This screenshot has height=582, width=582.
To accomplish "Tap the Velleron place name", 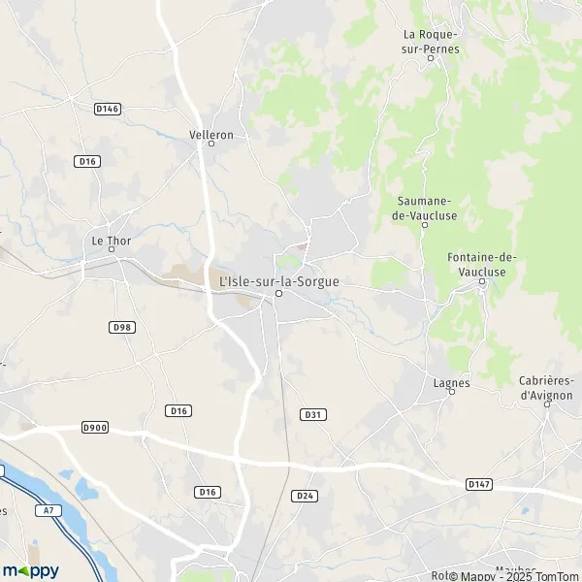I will pyautogui.click(x=211, y=135).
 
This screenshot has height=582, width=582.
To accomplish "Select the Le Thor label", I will pyautogui.click(x=111, y=239).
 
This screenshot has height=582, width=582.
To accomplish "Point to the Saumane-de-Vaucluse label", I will pyautogui.click(x=425, y=208).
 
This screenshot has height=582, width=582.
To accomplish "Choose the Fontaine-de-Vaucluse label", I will pyautogui.click(x=482, y=264).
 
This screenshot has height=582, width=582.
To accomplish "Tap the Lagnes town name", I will pyautogui.click(x=451, y=382).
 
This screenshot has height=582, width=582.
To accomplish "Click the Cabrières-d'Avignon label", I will pyautogui.click(x=546, y=388).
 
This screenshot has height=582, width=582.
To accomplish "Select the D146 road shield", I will pyautogui.click(x=107, y=110).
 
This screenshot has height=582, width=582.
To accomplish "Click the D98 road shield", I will pyautogui.click(x=121, y=327).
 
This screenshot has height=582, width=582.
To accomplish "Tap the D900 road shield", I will pyautogui.click(x=95, y=427).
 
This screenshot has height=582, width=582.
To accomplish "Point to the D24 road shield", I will pyautogui.click(x=306, y=495).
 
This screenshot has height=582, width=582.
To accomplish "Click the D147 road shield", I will pyautogui.click(x=477, y=483).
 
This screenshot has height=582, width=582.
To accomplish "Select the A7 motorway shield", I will pyautogui.click(x=48, y=508).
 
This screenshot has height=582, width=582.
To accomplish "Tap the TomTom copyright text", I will pyautogui.click(x=554, y=574).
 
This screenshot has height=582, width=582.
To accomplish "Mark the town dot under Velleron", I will pyautogui.click(x=210, y=145).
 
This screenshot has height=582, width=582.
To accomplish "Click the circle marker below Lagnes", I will pyautogui.click(x=451, y=392).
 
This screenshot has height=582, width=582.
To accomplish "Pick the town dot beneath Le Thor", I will pyautogui.click(x=112, y=249).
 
